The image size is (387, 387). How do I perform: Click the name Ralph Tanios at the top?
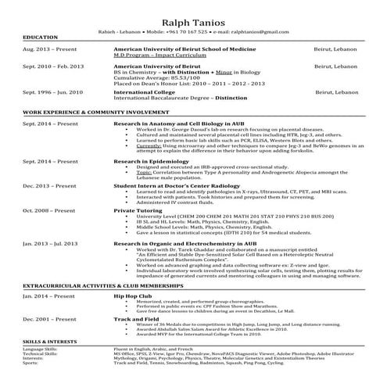[x=193, y=22]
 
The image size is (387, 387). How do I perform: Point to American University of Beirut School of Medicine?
[x=173, y=49]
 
